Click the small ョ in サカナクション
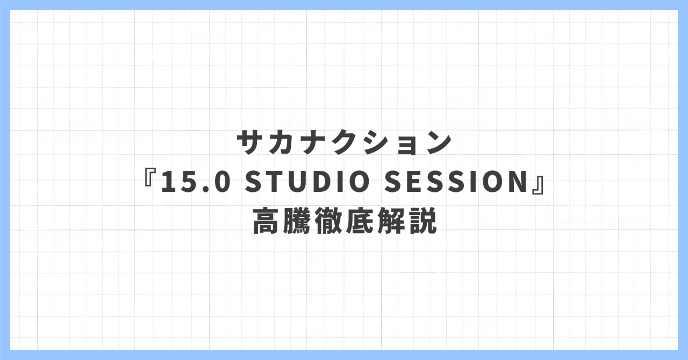pos(406,145)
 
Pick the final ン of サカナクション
pos(436,143)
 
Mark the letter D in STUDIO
pos(324,183)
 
